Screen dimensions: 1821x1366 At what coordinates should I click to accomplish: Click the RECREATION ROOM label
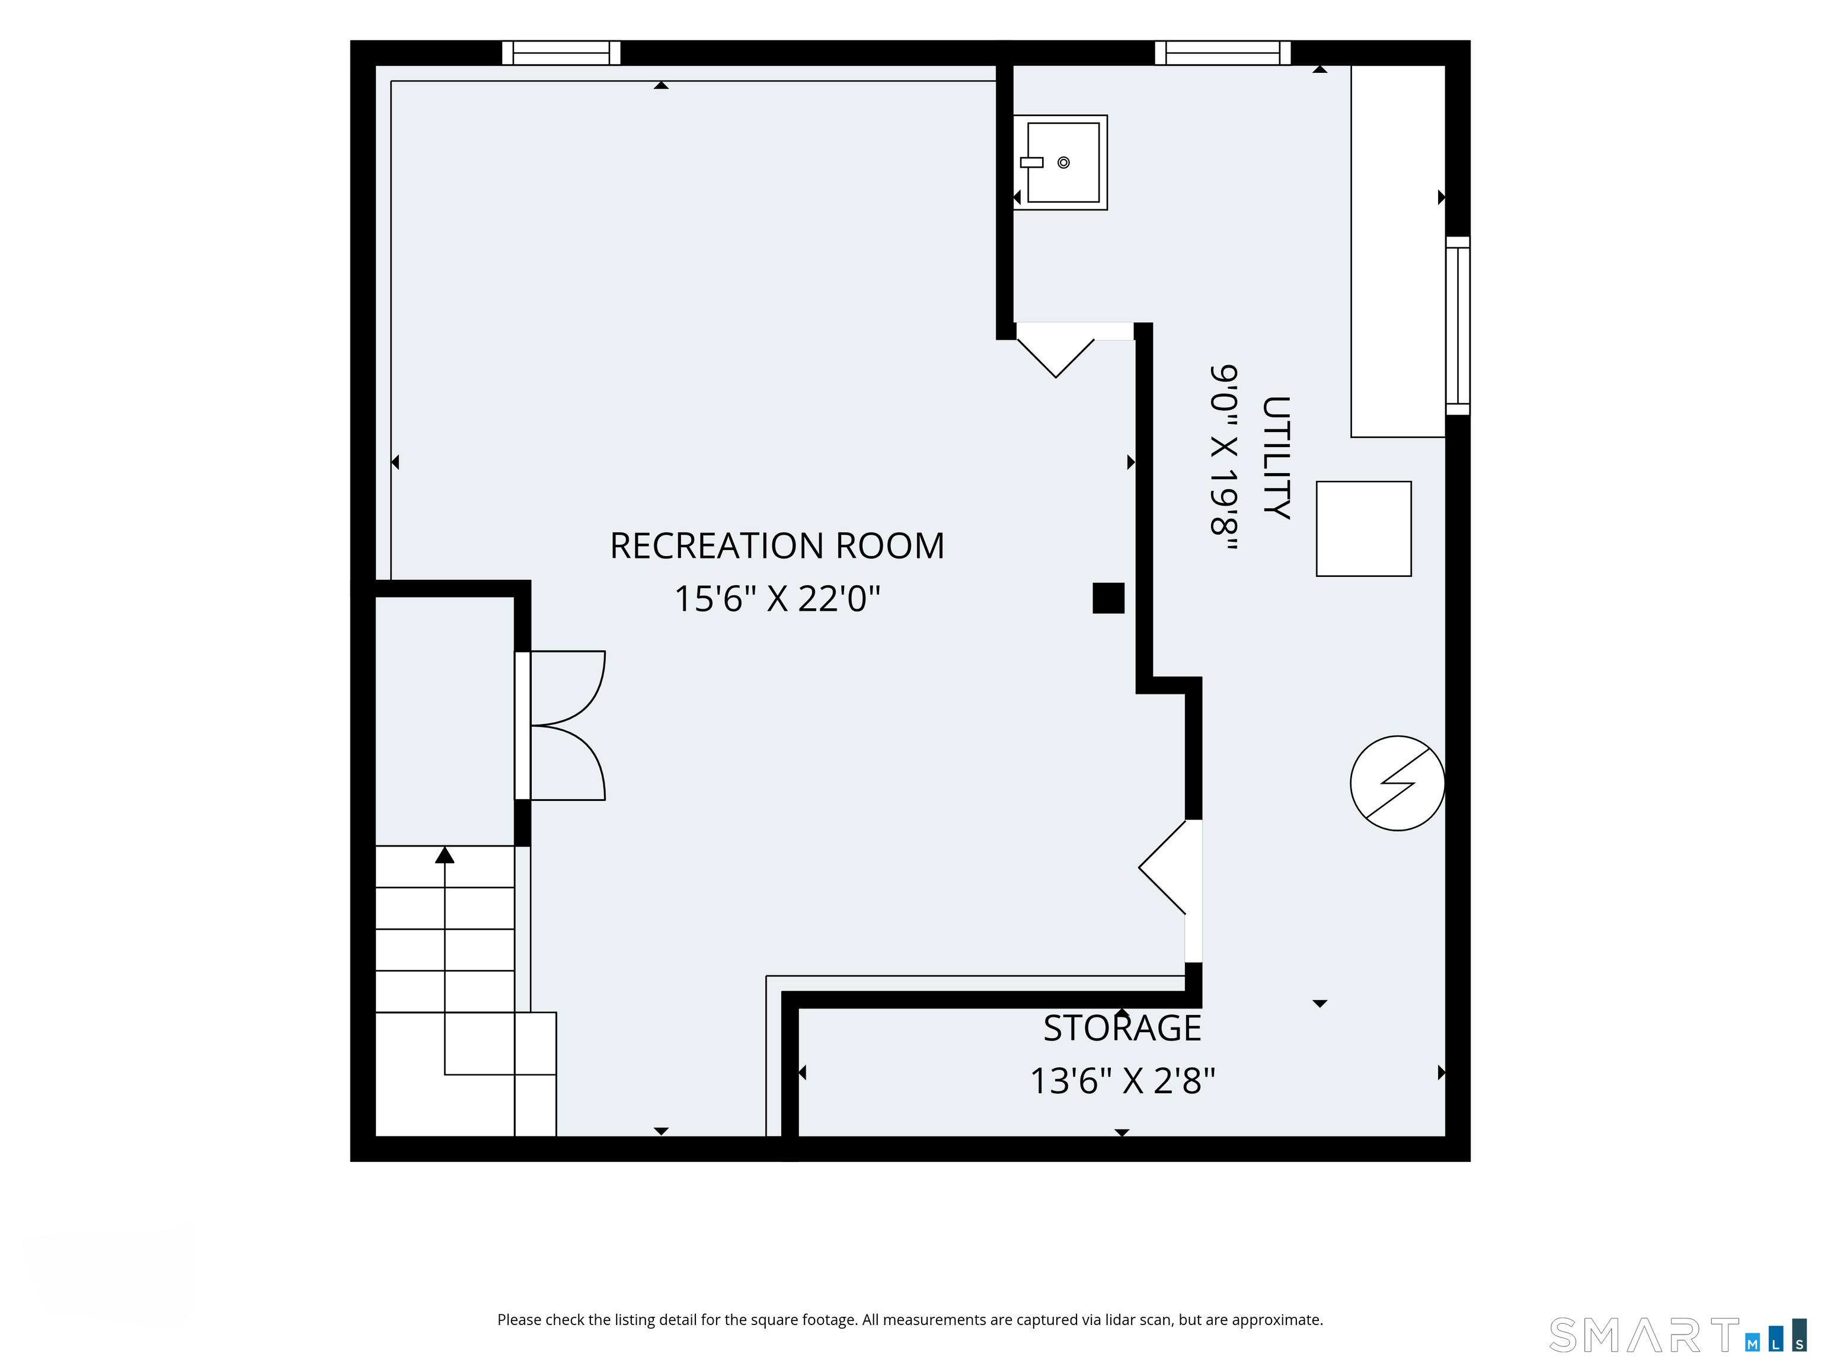click(x=777, y=546)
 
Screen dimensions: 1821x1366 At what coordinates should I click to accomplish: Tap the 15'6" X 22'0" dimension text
click(x=777, y=599)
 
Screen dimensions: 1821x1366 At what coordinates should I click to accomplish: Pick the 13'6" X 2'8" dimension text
click(x=1122, y=1081)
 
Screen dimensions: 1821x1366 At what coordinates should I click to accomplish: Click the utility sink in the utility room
click(x=1060, y=162)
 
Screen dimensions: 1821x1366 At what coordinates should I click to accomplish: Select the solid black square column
click(x=1108, y=598)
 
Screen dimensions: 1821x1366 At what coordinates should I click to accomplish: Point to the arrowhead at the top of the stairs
click(x=445, y=855)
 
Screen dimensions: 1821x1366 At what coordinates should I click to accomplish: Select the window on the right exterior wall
click(x=1458, y=326)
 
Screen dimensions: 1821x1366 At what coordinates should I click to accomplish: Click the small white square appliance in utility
click(x=1363, y=529)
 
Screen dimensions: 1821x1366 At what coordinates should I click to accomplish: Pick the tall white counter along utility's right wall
click(x=1398, y=251)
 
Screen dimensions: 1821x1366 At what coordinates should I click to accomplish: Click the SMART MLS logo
click(x=1671, y=1335)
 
